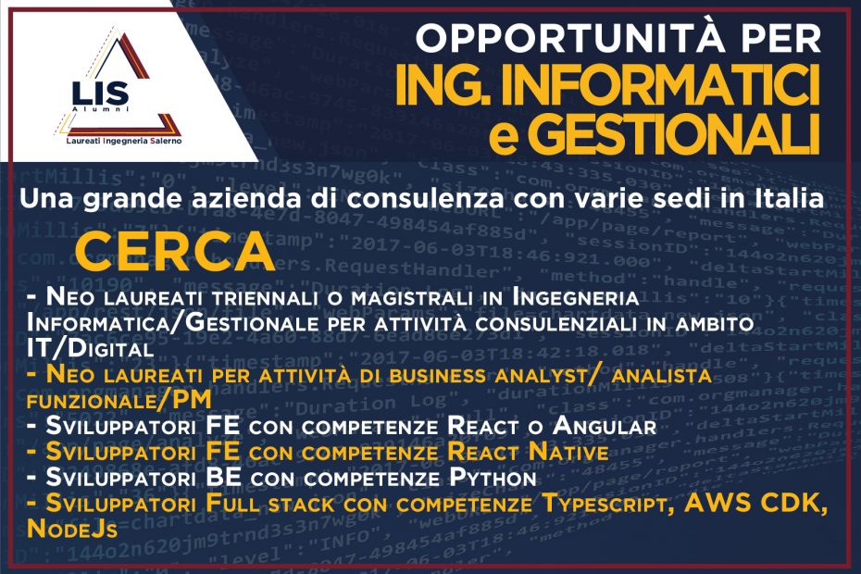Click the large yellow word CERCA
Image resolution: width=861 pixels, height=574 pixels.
click(175, 252)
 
